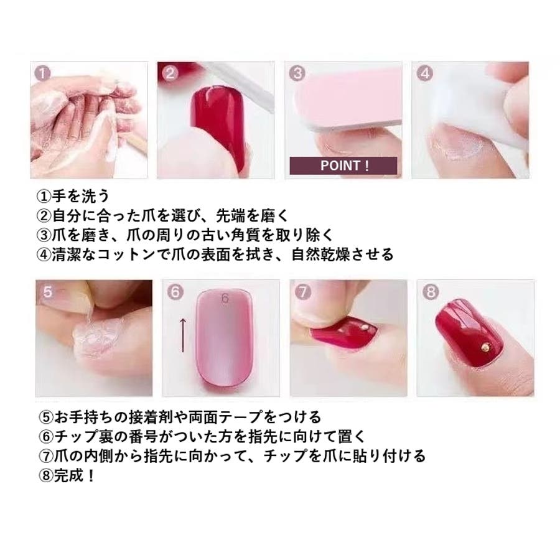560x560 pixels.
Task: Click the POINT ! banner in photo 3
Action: [x=343, y=166]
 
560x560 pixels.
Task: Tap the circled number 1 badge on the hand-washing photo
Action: [x=42, y=73]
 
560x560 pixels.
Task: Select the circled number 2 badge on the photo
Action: [x=170, y=73]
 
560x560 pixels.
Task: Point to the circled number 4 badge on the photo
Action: [x=424, y=73]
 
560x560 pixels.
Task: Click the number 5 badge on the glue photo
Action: [x=47, y=292]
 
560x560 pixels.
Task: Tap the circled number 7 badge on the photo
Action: [x=302, y=292]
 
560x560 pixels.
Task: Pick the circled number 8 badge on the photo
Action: [x=431, y=292]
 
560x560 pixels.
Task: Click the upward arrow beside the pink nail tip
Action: [x=182, y=335]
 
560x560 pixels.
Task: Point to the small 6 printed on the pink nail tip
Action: [x=225, y=298]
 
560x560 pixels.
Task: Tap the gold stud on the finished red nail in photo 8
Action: [x=485, y=346]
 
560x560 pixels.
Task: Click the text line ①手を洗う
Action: [x=73, y=196]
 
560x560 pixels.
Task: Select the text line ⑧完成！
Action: [x=67, y=475]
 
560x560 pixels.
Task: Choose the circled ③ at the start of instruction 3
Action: [x=44, y=235]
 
